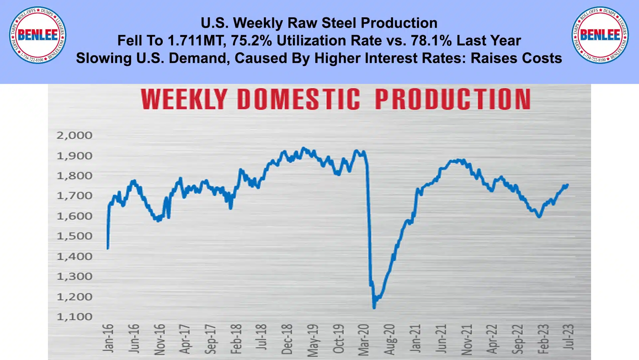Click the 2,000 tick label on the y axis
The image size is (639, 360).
click(x=74, y=136)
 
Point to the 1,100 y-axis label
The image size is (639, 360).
click(x=74, y=317)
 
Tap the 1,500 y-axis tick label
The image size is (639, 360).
click(x=74, y=236)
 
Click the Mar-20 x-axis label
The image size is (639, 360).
click(x=364, y=340)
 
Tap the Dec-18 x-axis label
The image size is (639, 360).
click(x=287, y=339)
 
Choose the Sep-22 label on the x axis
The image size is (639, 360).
click(x=518, y=339)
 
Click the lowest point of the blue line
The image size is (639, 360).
click(x=374, y=308)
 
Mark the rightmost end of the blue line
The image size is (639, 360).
click(x=567, y=185)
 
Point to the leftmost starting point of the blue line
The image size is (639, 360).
click(x=108, y=248)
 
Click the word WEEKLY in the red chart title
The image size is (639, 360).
click(x=184, y=99)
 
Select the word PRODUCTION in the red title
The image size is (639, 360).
click(x=453, y=99)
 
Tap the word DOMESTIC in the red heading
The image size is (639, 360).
click(x=299, y=99)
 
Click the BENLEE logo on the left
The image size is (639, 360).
click(x=38, y=35)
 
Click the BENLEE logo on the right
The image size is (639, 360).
click(x=600, y=35)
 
